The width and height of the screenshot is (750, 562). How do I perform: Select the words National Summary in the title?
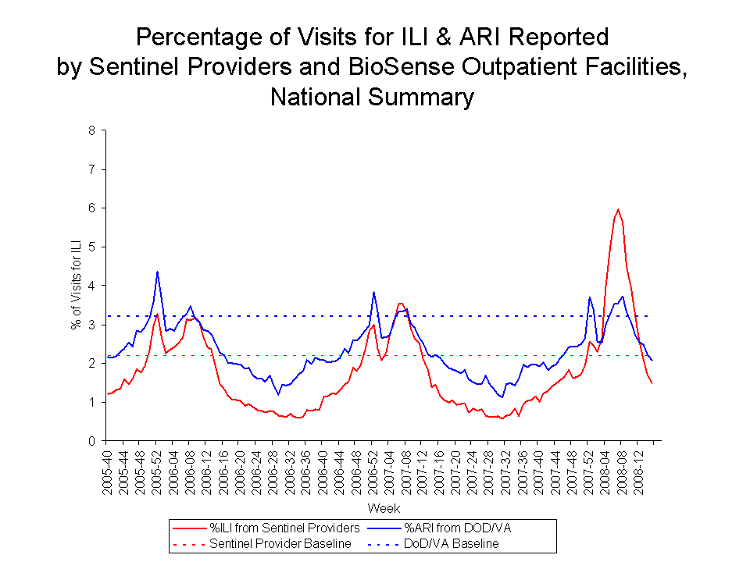(x=372, y=98)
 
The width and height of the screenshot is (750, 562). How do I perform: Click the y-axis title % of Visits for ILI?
(x=77, y=286)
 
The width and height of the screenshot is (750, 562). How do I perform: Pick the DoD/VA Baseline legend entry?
(x=452, y=543)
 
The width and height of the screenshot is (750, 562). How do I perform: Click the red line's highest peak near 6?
(x=618, y=209)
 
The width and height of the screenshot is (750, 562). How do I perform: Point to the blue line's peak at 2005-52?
(x=158, y=272)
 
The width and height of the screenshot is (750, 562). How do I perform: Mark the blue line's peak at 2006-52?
(x=374, y=292)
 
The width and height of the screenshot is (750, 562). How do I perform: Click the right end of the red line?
(x=652, y=383)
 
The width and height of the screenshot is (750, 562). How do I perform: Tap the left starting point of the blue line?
(x=108, y=357)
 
